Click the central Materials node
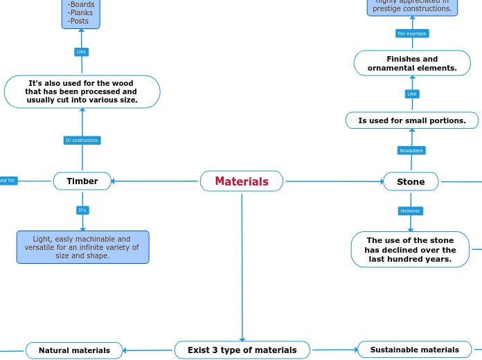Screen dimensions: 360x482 (242, 181)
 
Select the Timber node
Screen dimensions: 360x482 (82, 181)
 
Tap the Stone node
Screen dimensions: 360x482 (411, 181)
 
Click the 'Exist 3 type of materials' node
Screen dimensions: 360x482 (242, 350)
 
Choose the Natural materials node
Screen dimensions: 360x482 (74, 350)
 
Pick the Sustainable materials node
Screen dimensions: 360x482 (414, 350)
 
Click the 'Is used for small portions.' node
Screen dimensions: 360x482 (412, 120)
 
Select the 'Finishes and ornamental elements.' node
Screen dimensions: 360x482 (412, 63)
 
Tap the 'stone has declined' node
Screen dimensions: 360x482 (410, 250)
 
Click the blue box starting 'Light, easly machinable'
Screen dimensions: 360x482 (82, 247)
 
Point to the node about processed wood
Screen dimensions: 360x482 (82, 92)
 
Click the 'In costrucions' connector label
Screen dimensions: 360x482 (82, 141)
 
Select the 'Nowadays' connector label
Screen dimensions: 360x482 (411, 150)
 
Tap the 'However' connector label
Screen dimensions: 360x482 (411, 210)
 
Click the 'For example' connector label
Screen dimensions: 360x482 (412, 33)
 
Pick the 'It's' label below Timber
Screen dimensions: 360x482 (82, 210)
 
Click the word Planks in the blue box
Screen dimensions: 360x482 (80, 12)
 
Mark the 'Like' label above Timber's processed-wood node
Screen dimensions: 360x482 (81, 52)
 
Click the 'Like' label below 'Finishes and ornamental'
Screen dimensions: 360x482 (412, 93)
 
